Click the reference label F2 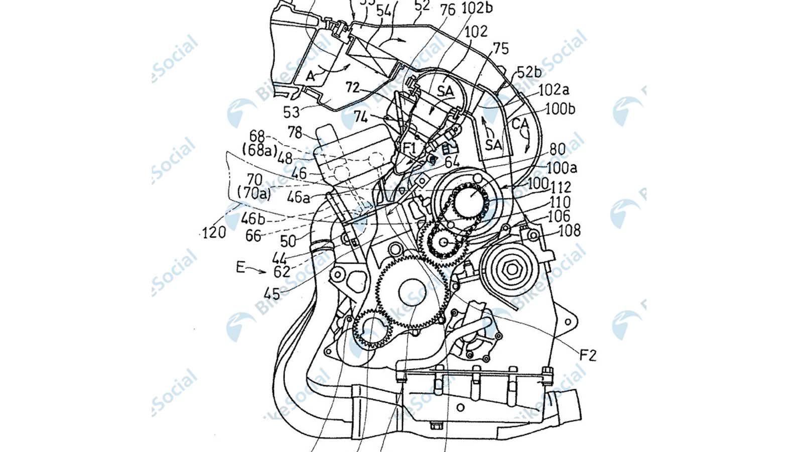[x=588, y=356]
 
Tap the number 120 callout [x=214, y=233]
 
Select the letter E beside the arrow [x=241, y=267]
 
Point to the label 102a [x=554, y=90]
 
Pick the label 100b [x=560, y=108]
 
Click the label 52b [x=529, y=72]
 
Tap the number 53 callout [x=292, y=111]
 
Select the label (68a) [x=259, y=150]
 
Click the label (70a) [x=254, y=193]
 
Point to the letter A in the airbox [x=311, y=76]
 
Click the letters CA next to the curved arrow [x=520, y=122]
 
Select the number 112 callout [x=561, y=187]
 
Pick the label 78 [x=295, y=132]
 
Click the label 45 [x=274, y=292]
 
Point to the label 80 [x=557, y=149]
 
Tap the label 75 [x=500, y=48]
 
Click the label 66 [x=253, y=236]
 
